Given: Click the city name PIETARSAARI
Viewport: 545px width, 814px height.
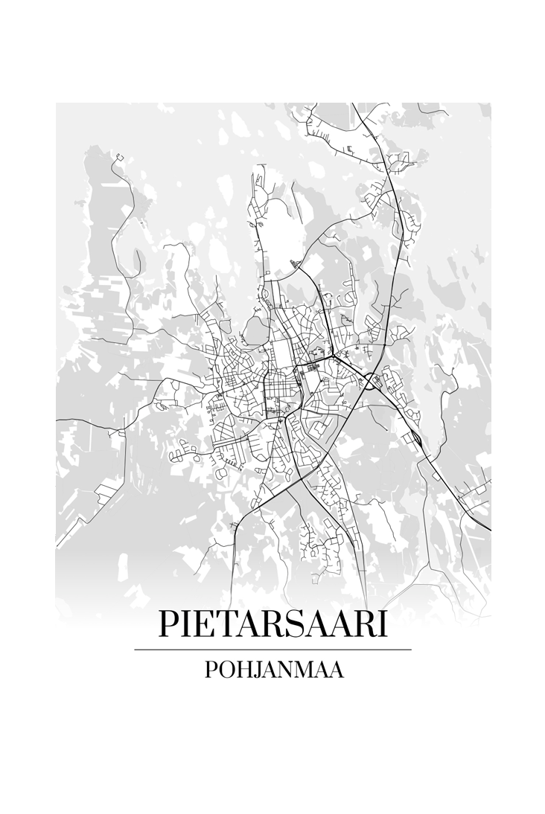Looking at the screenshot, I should click(272, 624).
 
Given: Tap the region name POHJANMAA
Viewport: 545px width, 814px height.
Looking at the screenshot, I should click(273, 670).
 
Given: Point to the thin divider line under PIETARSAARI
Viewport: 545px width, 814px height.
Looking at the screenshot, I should click(272, 650).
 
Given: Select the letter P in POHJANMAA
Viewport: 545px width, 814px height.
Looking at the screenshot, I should click(210, 670).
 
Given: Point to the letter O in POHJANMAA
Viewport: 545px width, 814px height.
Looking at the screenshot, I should click(225, 670).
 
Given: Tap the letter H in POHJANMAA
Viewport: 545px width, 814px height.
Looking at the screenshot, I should click(243, 670).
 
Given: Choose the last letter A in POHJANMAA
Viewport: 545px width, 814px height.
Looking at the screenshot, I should click(337, 670).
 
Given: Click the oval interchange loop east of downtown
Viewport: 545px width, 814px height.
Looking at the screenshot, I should click(369, 382).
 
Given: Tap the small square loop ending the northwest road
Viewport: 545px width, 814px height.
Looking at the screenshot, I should click(118, 157).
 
